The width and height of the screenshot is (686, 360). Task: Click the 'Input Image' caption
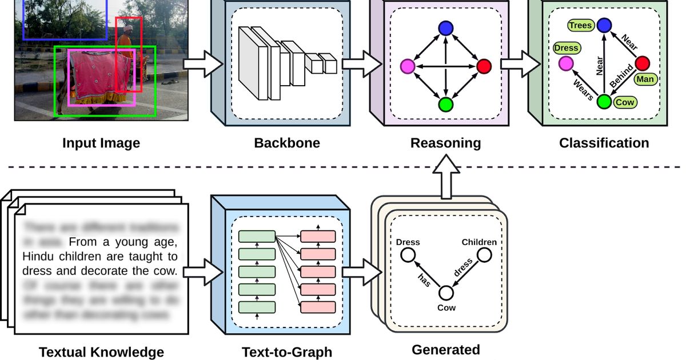tap(101, 143)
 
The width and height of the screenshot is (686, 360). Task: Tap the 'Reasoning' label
tap(446, 143)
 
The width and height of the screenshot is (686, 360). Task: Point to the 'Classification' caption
tap(604, 143)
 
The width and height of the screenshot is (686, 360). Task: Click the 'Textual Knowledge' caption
tap(101, 352)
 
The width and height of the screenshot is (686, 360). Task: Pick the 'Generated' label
tap(446, 349)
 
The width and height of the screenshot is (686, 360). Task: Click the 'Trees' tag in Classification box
tap(580, 26)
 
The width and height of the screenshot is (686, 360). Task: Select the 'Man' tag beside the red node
tap(645, 78)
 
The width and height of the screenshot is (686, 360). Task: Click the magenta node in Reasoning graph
tap(408, 66)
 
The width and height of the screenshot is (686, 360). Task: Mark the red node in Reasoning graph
tap(484, 66)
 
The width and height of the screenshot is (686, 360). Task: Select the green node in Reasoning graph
tap(445, 105)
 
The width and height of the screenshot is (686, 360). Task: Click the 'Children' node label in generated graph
tap(479, 242)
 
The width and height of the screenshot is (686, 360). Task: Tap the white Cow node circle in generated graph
tap(445, 293)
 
